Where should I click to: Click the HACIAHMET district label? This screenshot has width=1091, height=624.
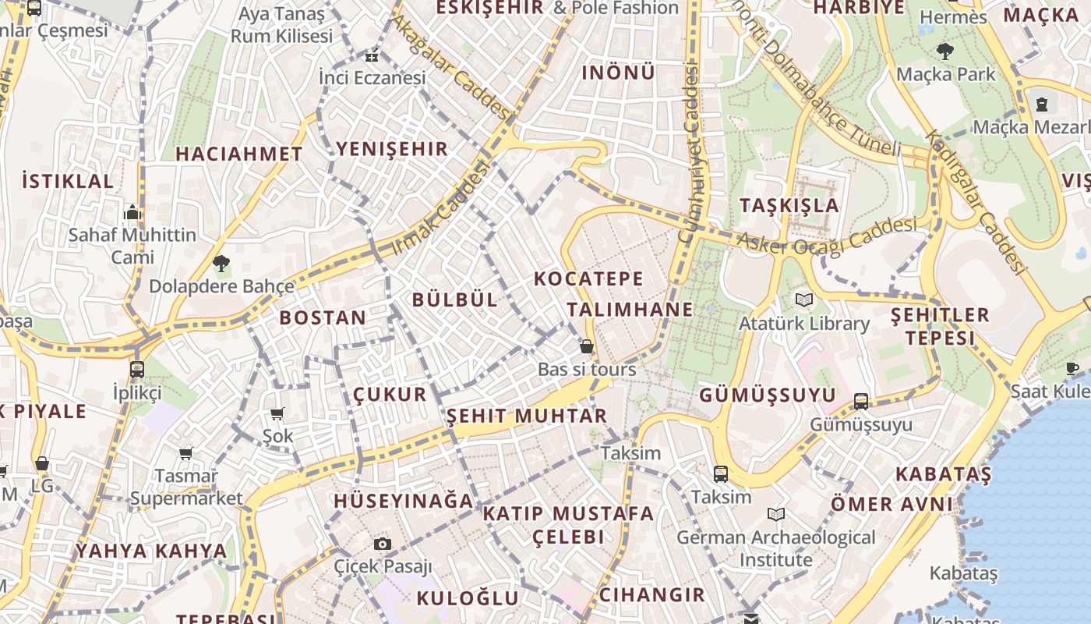click(x=238, y=154)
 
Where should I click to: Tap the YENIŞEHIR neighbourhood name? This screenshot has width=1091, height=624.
click(x=392, y=149)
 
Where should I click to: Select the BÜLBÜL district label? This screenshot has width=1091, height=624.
click(x=454, y=300)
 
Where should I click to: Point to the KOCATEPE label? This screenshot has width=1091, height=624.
click(x=589, y=278)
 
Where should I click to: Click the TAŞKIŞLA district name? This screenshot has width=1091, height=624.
click(x=789, y=205)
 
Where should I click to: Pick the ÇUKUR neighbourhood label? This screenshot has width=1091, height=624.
click(x=390, y=395)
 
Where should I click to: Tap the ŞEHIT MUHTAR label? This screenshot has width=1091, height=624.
click(x=527, y=416)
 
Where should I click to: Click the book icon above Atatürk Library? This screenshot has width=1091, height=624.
click(x=804, y=300)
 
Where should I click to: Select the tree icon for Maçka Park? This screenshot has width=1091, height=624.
click(x=945, y=51)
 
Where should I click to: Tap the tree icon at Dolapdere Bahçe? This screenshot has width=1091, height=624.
click(x=221, y=264)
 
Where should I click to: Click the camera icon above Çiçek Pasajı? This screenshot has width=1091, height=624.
click(x=382, y=544)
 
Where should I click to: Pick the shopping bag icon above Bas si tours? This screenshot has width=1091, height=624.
click(x=587, y=346)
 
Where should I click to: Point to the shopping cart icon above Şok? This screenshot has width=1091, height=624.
click(x=277, y=413)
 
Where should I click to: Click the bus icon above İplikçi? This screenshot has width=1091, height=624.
click(x=137, y=369)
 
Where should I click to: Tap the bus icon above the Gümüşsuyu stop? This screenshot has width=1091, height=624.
click(x=861, y=401)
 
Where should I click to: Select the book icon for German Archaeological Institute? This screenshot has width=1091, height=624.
click(x=776, y=515)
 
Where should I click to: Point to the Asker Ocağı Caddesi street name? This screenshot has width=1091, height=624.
click(x=827, y=236)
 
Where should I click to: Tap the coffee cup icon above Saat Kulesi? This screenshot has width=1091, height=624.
click(x=1072, y=367)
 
